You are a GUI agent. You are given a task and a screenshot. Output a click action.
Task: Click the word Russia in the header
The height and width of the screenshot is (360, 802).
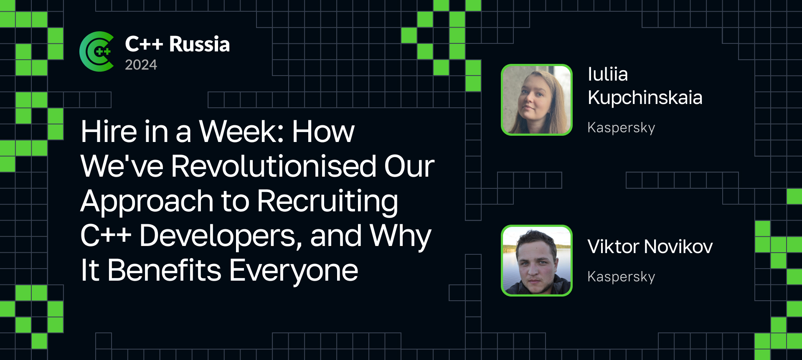point(199,44)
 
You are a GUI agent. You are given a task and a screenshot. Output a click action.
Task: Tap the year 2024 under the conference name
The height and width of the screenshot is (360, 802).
point(141,65)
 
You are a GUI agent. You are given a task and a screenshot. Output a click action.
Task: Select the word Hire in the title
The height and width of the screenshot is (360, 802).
point(109,132)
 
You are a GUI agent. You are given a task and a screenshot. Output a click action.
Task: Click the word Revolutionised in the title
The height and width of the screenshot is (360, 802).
point(274,166)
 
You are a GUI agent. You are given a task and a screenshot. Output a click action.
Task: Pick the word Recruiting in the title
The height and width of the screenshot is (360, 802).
point(327,201)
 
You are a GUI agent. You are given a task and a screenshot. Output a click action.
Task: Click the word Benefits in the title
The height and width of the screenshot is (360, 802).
point(164,270)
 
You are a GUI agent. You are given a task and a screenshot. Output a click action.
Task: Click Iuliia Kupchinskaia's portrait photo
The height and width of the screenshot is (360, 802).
point(537,100)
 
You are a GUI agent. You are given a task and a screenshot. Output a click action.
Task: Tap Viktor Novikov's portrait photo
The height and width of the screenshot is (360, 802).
point(537,261)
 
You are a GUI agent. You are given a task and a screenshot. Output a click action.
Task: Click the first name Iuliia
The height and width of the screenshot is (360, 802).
point(608,74)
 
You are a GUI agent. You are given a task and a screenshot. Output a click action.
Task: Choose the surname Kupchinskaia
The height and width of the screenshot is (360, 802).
point(645,98)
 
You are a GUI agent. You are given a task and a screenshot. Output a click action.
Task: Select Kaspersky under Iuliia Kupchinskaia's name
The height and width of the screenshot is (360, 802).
point(621,128)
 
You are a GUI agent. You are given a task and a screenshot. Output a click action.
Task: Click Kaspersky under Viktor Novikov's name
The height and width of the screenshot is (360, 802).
point(621,277)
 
